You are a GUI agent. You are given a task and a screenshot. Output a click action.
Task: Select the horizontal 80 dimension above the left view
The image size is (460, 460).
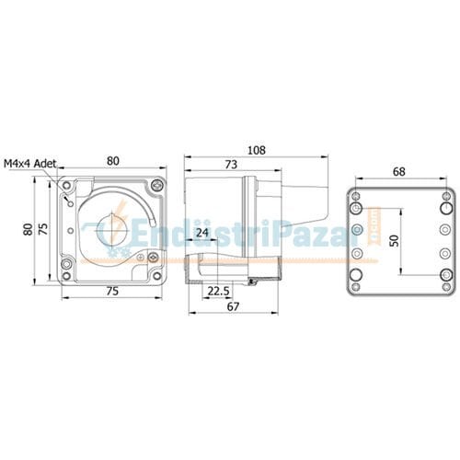click(113, 160)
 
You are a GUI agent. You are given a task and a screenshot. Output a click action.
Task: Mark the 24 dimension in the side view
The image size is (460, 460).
click(201, 233)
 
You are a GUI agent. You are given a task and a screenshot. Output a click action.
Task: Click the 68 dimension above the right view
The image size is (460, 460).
click(399, 172)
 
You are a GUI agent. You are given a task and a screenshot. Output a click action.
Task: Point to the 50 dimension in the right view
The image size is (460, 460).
click(395, 239)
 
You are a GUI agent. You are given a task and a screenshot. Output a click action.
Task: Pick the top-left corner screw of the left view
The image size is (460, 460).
click(65, 185)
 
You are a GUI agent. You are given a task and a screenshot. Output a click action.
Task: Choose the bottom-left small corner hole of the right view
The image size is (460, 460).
click(355, 283)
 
